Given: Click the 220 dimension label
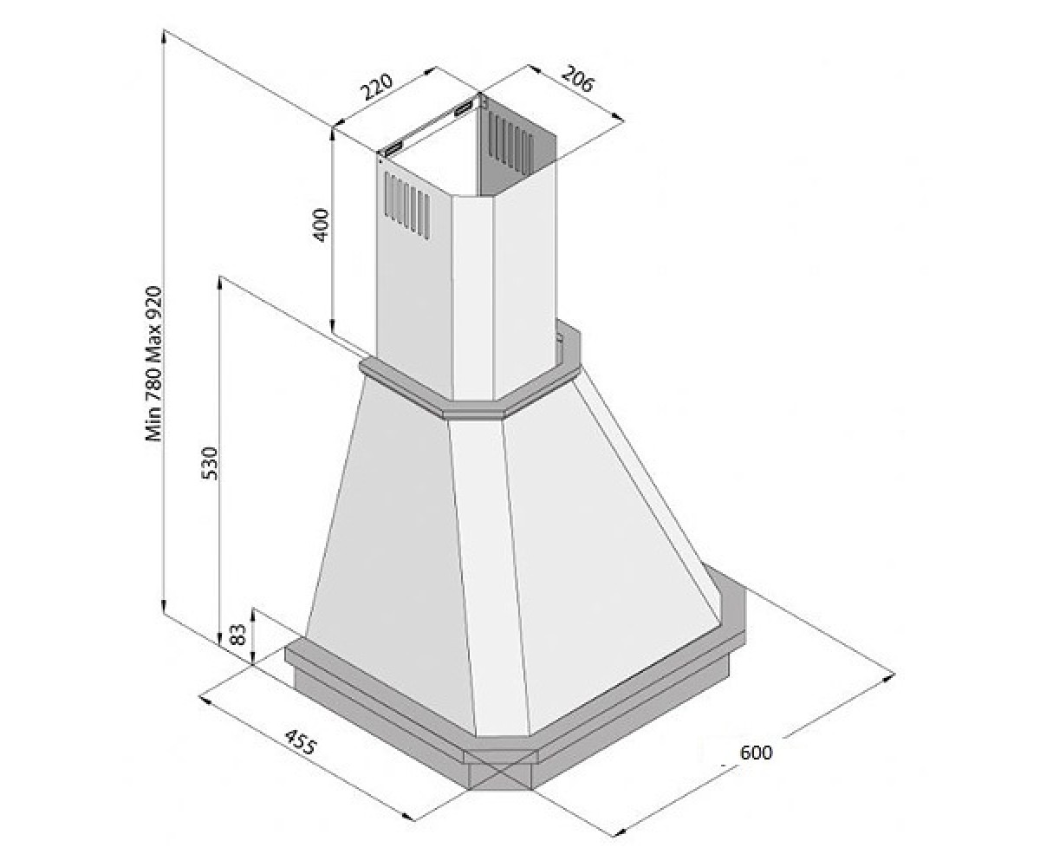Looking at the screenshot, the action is pyautogui.click(x=377, y=88).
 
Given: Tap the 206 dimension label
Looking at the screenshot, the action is pyautogui.click(x=578, y=79).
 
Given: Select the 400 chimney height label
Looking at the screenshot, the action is pyautogui.click(x=322, y=225).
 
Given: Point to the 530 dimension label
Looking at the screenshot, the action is pyautogui.click(x=211, y=463).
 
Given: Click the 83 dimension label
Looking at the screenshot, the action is pyautogui.click(x=239, y=635).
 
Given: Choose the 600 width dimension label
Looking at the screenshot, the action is pyautogui.click(x=756, y=753).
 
